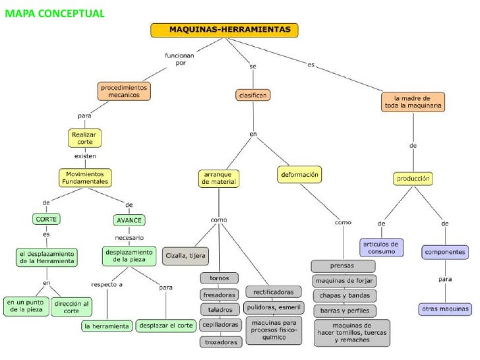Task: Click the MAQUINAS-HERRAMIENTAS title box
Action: point(225,30)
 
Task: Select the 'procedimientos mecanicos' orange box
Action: point(125,91)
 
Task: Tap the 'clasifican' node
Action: point(252,95)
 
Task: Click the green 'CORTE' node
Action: point(46,219)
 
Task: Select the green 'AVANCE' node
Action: point(129,219)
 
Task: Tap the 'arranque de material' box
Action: point(218,178)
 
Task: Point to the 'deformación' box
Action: point(300,175)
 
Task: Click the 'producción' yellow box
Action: point(414,178)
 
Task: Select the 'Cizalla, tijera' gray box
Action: point(186,255)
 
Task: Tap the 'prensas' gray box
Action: point(343,266)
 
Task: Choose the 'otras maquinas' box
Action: point(446,309)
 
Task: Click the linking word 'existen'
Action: point(85,156)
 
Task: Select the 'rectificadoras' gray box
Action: point(274,291)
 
